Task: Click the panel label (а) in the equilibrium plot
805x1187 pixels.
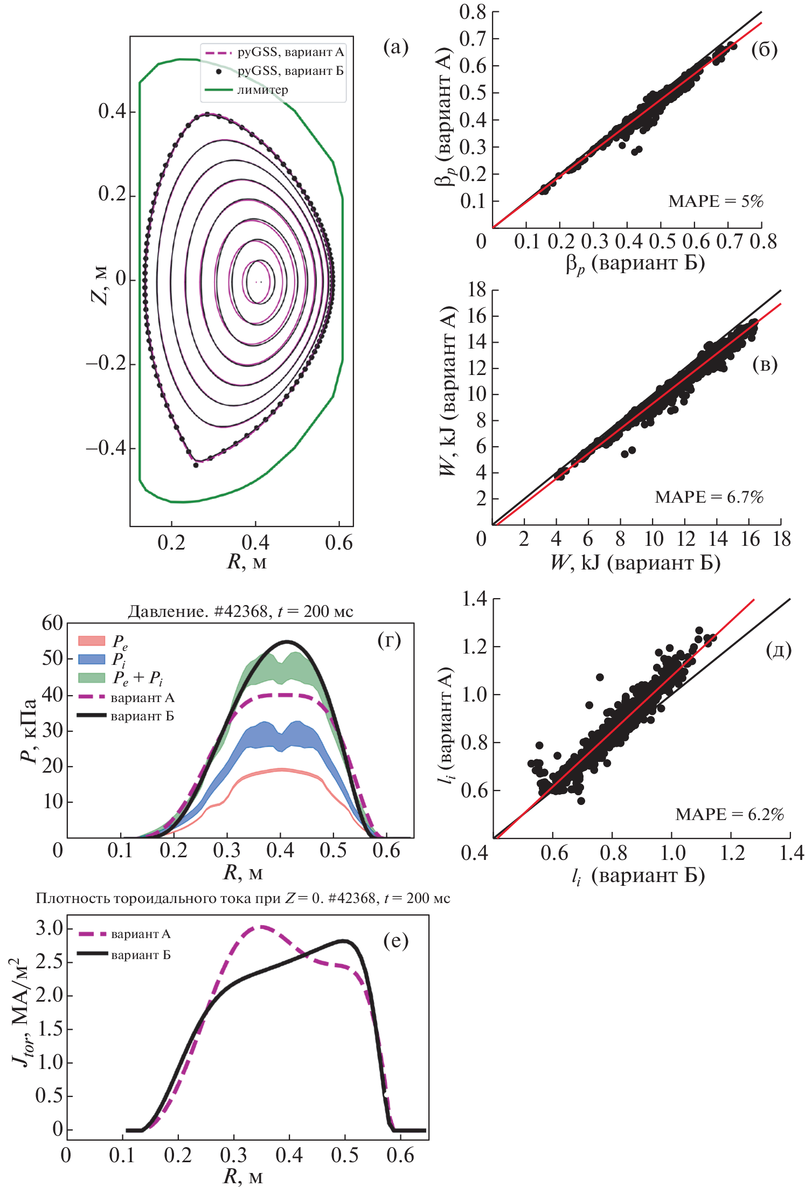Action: pyautogui.click(x=395, y=47)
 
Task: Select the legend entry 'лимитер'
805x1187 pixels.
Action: pyautogui.click(x=262, y=90)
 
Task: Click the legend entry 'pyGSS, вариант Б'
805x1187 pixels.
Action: pyautogui.click(x=290, y=71)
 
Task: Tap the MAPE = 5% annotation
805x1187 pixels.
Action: pyautogui.click(x=716, y=202)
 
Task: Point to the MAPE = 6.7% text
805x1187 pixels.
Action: pyautogui.click(x=709, y=497)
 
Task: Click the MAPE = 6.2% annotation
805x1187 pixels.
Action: pyautogui.click(x=729, y=814)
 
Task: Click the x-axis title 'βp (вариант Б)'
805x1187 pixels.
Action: pyautogui.click(x=635, y=263)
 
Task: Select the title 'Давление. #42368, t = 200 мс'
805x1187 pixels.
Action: pyautogui.click(x=240, y=612)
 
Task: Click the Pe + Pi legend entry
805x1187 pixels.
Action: pyautogui.click(x=137, y=678)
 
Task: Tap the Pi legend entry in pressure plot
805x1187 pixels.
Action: pyautogui.click(x=119, y=659)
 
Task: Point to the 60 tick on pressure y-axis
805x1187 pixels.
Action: pyautogui.click(x=52, y=623)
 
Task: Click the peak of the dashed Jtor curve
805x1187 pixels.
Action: pyautogui.click(x=261, y=927)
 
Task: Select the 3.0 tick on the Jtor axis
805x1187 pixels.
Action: pyautogui.click(x=50, y=928)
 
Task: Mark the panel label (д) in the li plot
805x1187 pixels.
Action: pyautogui.click(x=778, y=650)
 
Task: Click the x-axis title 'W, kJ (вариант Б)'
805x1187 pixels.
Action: pyautogui.click(x=635, y=563)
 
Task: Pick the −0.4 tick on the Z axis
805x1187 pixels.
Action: pyautogui.click(x=106, y=448)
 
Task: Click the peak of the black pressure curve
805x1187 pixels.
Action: pyautogui.click(x=287, y=642)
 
